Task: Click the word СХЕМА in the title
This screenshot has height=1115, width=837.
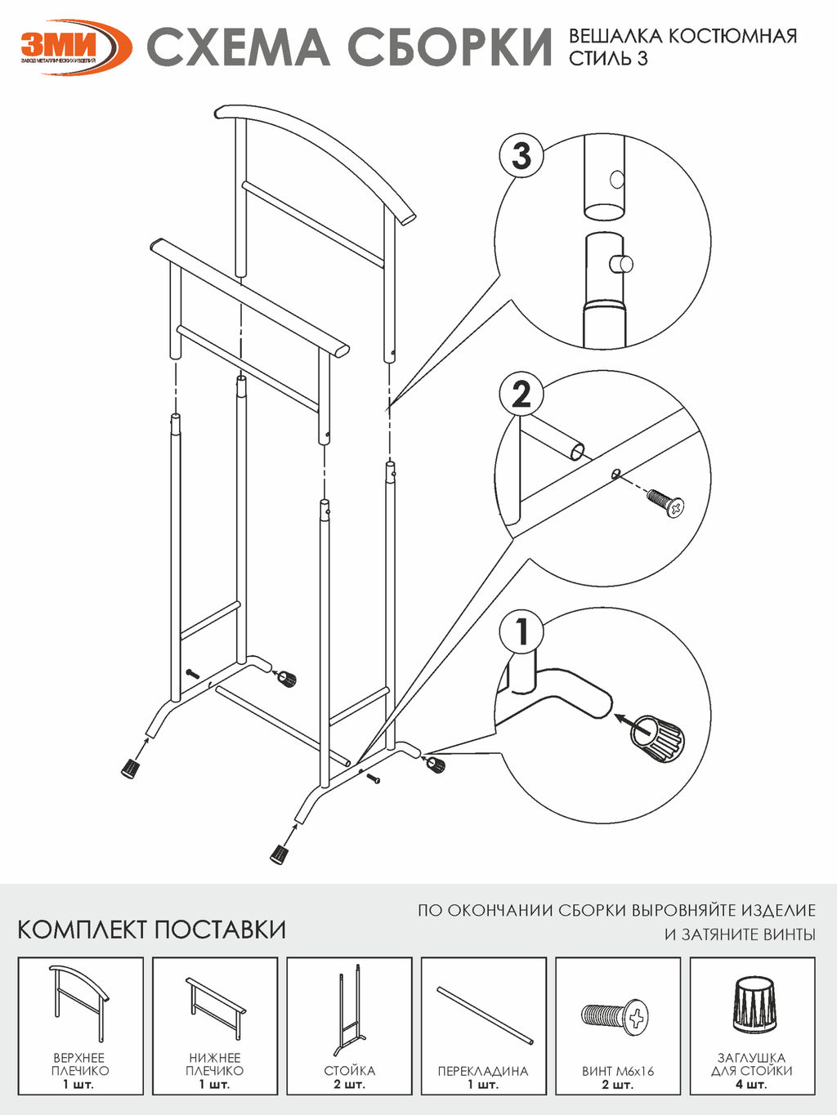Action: click(x=238, y=47)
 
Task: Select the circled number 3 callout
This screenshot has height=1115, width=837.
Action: click(x=521, y=156)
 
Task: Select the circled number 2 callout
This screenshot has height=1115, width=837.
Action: click(x=521, y=395)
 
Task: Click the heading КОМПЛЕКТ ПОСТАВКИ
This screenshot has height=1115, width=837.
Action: click(x=152, y=930)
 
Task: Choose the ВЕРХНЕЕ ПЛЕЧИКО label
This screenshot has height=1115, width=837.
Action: click(x=80, y=1064)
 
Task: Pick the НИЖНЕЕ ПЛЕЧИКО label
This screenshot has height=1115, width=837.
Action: click(x=214, y=1064)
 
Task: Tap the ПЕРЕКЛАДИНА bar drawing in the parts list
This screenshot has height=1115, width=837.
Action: click(x=484, y=1015)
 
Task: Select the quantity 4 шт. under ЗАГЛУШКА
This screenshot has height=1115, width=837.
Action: click(x=752, y=1085)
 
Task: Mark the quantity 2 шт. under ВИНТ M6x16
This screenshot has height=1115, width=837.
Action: click(x=618, y=1085)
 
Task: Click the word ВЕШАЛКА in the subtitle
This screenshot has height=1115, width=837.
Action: click(x=615, y=36)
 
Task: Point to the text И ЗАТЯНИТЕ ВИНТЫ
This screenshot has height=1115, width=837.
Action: click(x=740, y=934)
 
